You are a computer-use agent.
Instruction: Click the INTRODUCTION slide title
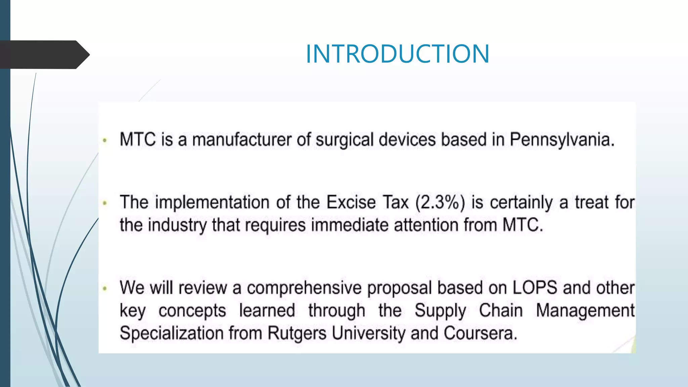[397, 54]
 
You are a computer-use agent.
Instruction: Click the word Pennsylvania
[562, 140]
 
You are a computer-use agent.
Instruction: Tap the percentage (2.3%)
[440, 203]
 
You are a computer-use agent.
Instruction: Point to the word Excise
[351, 202]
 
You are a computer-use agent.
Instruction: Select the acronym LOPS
[535, 288]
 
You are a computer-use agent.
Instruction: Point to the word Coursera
[480, 333]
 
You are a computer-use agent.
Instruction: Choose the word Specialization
[172, 334]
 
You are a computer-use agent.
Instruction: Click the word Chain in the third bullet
[501, 310]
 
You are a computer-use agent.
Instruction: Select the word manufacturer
[242, 140]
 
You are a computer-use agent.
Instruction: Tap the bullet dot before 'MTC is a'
[105, 140]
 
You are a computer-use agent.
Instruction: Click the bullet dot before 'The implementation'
[105, 203]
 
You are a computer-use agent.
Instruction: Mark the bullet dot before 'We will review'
[105, 288]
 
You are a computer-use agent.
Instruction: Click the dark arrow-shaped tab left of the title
[44, 55]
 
